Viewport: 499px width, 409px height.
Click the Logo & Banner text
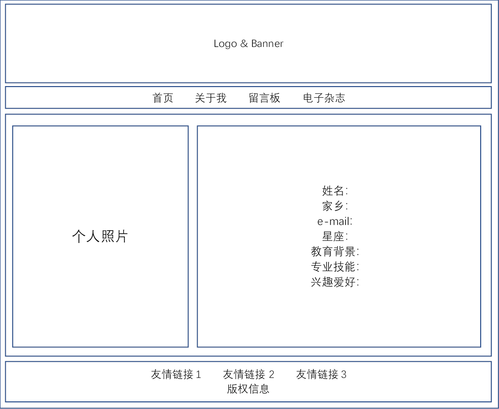[248, 44]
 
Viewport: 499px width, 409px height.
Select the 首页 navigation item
[163, 98]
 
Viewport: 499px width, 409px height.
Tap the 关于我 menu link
[211, 98]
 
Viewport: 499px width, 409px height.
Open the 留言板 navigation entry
[265, 98]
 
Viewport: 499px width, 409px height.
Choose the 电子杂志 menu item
[324, 98]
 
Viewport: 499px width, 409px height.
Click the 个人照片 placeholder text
[100, 236]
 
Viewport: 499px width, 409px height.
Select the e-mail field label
[335, 222]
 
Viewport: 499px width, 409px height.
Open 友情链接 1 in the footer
[176, 375]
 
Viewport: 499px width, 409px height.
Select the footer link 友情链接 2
[249, 375]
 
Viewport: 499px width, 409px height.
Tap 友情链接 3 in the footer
[322, 375]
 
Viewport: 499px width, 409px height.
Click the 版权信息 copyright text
[248, 390]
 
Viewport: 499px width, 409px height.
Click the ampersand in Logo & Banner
[244, 44]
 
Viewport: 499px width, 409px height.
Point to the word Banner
[267, 44]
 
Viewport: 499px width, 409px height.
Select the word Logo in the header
[225, 44]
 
